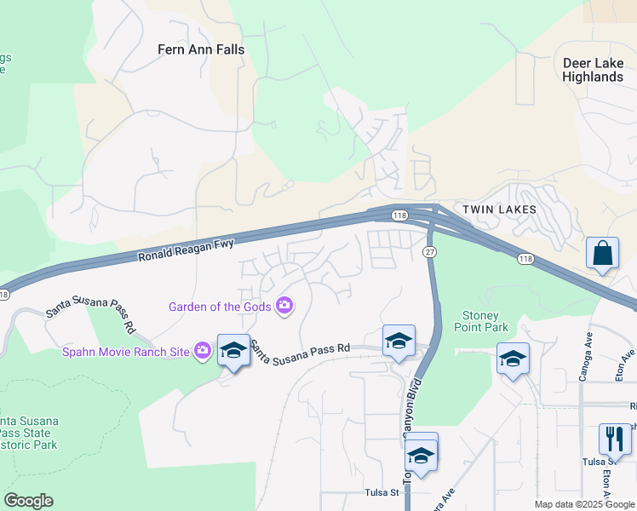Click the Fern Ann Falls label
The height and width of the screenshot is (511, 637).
pos(201,49)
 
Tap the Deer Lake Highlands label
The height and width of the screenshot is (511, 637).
pos(593,70)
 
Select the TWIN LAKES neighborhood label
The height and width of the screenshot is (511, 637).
pos(499,210)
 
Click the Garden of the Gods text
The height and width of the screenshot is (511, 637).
pos(220,307)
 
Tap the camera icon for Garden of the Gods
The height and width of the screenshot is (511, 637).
pos(284,306)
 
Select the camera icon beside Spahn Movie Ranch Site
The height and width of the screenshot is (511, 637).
pos(202,350)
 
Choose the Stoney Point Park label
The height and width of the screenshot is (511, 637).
pos(485,321)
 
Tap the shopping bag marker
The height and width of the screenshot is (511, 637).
pos(602,253)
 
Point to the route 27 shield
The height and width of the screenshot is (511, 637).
pos(429,252)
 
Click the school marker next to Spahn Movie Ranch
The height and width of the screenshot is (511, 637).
pos(233,350)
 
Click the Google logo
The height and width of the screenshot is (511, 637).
pos(28,501)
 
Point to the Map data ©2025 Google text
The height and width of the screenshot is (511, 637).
pos(584,504)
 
